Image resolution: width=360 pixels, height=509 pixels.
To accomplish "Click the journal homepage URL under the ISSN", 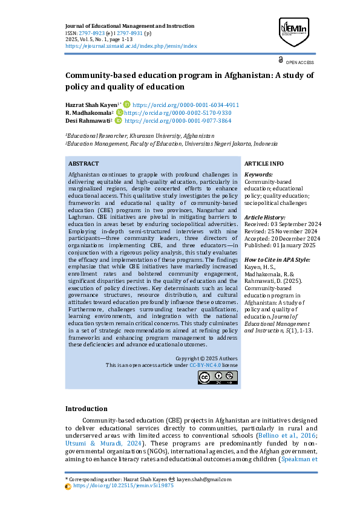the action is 131,46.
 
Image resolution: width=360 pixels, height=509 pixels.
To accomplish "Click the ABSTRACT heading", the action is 83,164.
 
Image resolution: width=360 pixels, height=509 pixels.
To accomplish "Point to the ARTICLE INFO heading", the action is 264,164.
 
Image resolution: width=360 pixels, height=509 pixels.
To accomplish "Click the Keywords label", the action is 258,175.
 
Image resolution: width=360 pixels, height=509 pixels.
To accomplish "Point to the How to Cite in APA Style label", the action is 276,260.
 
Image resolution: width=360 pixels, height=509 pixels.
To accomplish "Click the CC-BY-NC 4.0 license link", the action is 204,366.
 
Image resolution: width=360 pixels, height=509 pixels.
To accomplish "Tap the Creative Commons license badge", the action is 217,377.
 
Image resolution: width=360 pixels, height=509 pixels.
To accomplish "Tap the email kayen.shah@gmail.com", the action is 197,479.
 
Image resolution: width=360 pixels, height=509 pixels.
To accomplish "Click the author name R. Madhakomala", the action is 88,113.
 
